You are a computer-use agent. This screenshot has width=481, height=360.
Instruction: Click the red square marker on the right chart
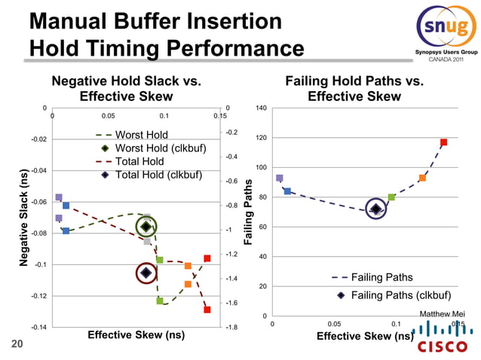444,142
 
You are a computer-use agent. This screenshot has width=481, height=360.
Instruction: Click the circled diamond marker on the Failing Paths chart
375,209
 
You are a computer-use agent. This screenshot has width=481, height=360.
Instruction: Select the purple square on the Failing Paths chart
280,178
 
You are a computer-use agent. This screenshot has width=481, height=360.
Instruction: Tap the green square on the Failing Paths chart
391,197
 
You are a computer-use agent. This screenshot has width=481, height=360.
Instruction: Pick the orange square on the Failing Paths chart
422,178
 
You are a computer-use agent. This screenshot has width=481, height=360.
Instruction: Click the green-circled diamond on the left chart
146,227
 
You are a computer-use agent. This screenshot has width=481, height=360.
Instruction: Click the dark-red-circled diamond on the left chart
146,273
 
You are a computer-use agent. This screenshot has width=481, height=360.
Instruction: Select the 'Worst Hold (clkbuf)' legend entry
151,148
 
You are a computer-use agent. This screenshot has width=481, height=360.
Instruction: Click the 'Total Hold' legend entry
139,162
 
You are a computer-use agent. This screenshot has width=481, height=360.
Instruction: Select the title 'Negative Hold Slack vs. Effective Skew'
126,89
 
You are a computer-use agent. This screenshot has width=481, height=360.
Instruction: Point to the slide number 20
16,345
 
